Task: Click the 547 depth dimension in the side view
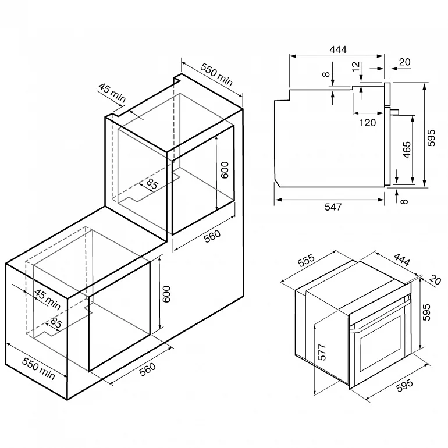click(333, 207)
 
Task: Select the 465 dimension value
click(407, 150)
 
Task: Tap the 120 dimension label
click(368, 123)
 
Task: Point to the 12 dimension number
click(355, 66)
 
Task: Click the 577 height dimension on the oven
click(322, 352)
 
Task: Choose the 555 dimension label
click(306, 260)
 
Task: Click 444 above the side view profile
click(338, 49)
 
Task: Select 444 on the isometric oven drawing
click(401, 259)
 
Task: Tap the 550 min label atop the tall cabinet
click(216, 74)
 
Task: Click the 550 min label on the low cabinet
click(38, 368)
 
